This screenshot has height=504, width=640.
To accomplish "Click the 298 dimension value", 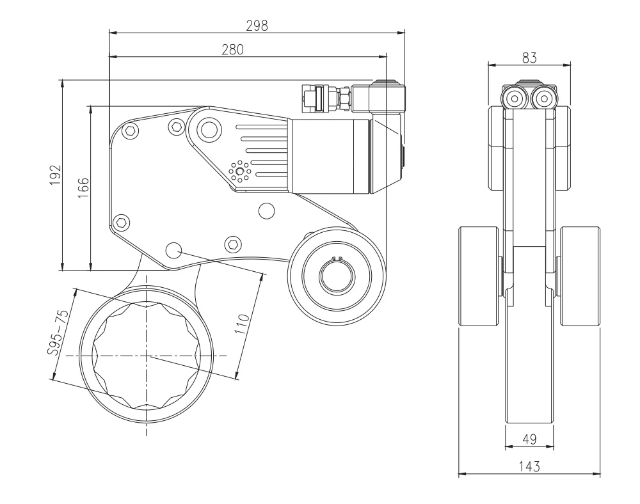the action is click(x=257, y=26).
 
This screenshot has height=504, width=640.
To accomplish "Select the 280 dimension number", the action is click(x=232, y=49).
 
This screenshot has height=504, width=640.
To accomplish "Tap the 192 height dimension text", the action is click(x=55, y=175).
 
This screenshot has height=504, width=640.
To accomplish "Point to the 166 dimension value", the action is click(x=83, y=187).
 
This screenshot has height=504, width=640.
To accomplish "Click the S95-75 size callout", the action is click(x=57, y=333).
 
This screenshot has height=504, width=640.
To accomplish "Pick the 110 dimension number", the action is click(x=243, y=324).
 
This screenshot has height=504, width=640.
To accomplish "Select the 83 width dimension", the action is click(x=529, y=58).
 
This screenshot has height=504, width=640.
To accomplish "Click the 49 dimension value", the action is click(x=529, y=439).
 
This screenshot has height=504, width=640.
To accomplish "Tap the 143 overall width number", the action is click(x=529, y=466).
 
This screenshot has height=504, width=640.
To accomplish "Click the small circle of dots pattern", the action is click(x=239, y=171).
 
